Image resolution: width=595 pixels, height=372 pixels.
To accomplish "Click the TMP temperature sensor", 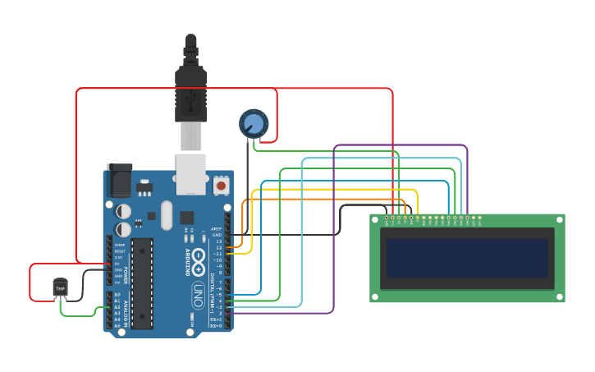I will [60, 287].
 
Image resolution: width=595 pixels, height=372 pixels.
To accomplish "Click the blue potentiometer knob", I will [254, 124].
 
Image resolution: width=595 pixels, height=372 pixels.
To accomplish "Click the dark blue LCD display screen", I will [466, 259].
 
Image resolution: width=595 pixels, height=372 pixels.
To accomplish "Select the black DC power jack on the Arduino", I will [119, 179].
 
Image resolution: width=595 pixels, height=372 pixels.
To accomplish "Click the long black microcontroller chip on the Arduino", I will [142, 283].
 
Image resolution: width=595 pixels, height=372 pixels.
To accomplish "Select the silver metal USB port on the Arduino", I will [191, 173].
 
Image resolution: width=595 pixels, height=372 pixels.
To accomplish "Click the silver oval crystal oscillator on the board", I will [167, 215].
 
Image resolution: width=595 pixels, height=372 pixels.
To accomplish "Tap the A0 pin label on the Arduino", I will [117, 295].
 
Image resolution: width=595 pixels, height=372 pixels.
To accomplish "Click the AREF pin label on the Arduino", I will [216, 229].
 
